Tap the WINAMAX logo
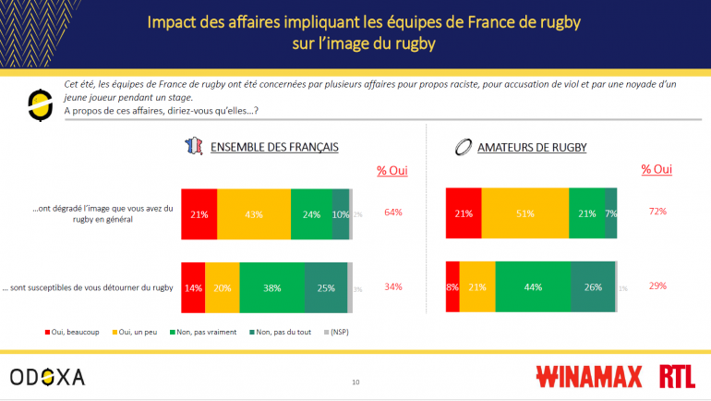point(587,376)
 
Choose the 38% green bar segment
point(271,286)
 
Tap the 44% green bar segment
point(533,286)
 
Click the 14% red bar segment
point(193,286)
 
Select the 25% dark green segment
point(325,286)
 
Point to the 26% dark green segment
point(593,286)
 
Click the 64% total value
point(392,212)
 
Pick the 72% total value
point(657,212)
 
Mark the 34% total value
point(392,286)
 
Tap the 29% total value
point(657,286)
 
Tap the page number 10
point(355,382)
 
